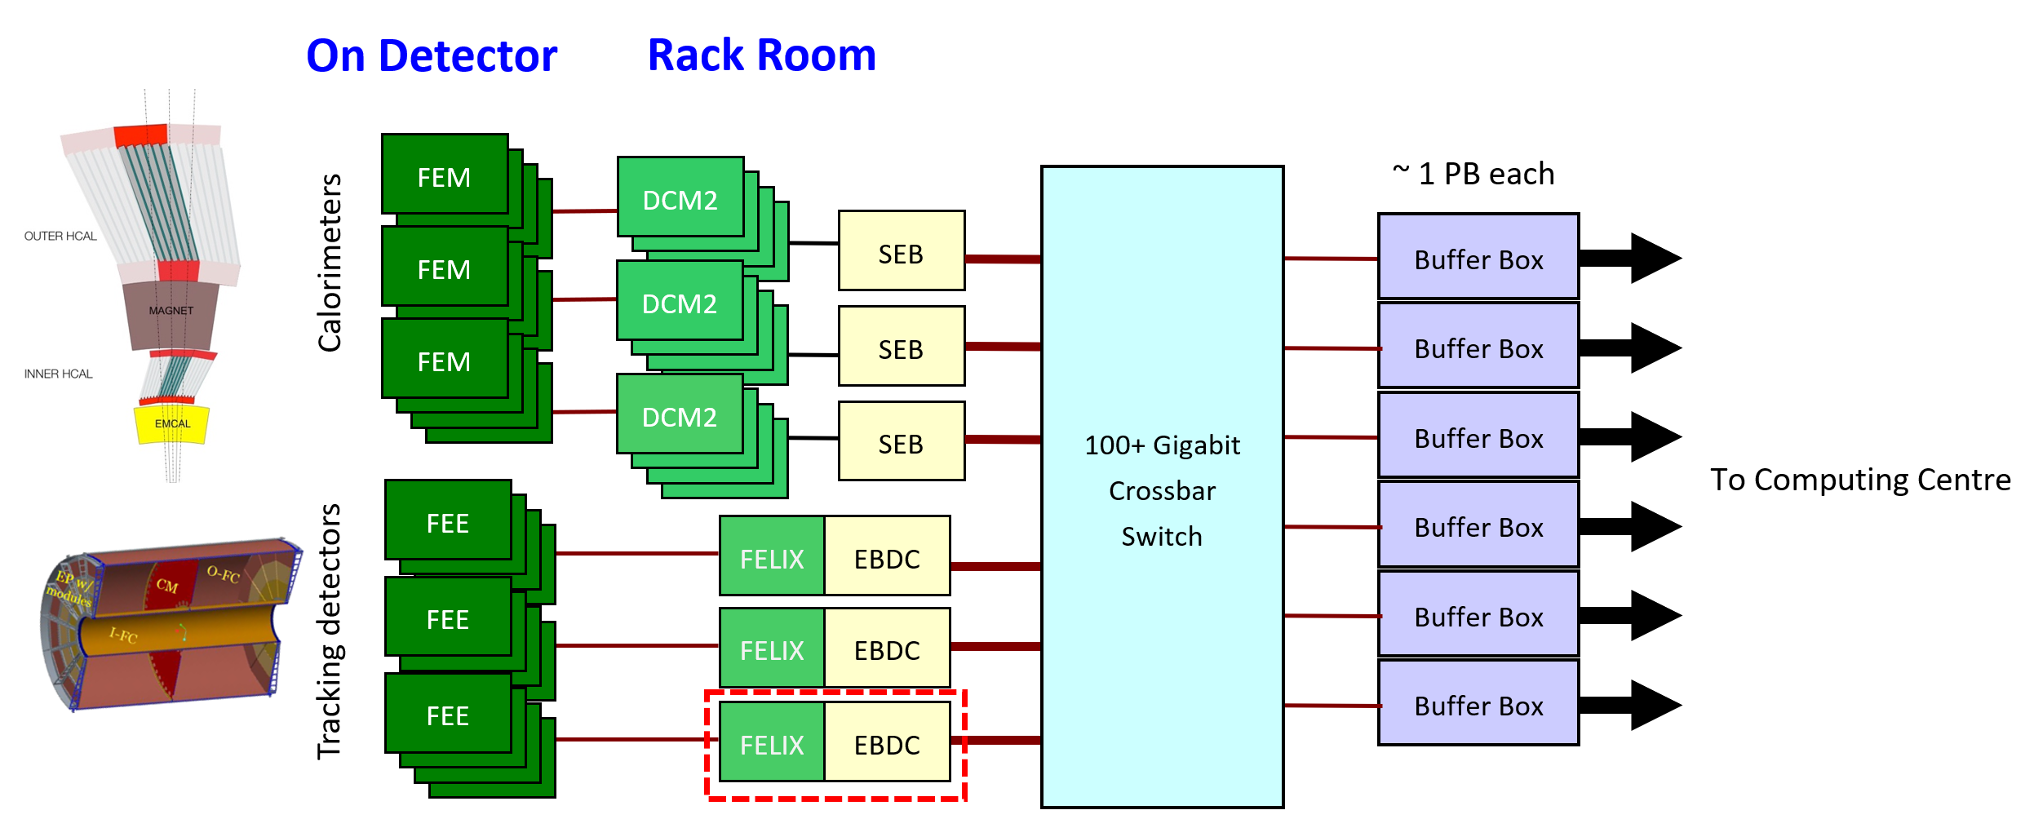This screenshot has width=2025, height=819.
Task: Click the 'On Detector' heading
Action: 432,56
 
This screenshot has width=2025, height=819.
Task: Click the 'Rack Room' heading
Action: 761,55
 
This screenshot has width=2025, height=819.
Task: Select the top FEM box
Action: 445,175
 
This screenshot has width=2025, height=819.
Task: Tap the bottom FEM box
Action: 445,360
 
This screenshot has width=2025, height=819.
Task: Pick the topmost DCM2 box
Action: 680,198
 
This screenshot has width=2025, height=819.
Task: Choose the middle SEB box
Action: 901,348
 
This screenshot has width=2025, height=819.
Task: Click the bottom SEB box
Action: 901,443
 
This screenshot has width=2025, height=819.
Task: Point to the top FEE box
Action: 448,522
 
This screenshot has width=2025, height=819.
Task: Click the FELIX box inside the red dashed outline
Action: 772,744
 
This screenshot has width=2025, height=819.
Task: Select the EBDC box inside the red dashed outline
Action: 887,744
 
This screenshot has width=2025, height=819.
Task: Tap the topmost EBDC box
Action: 887,558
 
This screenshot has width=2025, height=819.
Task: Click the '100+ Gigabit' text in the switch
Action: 1162,445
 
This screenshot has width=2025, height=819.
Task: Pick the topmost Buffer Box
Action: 1478,259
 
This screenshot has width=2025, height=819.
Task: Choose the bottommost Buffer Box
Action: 1478,705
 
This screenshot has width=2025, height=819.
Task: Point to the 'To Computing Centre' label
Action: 1860,480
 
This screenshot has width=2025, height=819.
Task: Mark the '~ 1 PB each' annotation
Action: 1473,174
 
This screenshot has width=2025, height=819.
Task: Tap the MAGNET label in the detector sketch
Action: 171,311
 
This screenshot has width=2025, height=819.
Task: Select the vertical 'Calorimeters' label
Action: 330,263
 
